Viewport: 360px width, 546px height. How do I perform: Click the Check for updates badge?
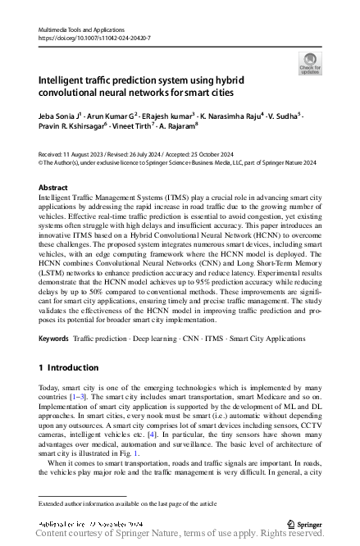coord(309,62)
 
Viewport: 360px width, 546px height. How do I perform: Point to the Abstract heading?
coord(53,188)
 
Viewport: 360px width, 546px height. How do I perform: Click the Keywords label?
coord(53,338)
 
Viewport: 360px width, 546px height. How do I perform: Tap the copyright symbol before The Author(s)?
coord(42,162)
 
